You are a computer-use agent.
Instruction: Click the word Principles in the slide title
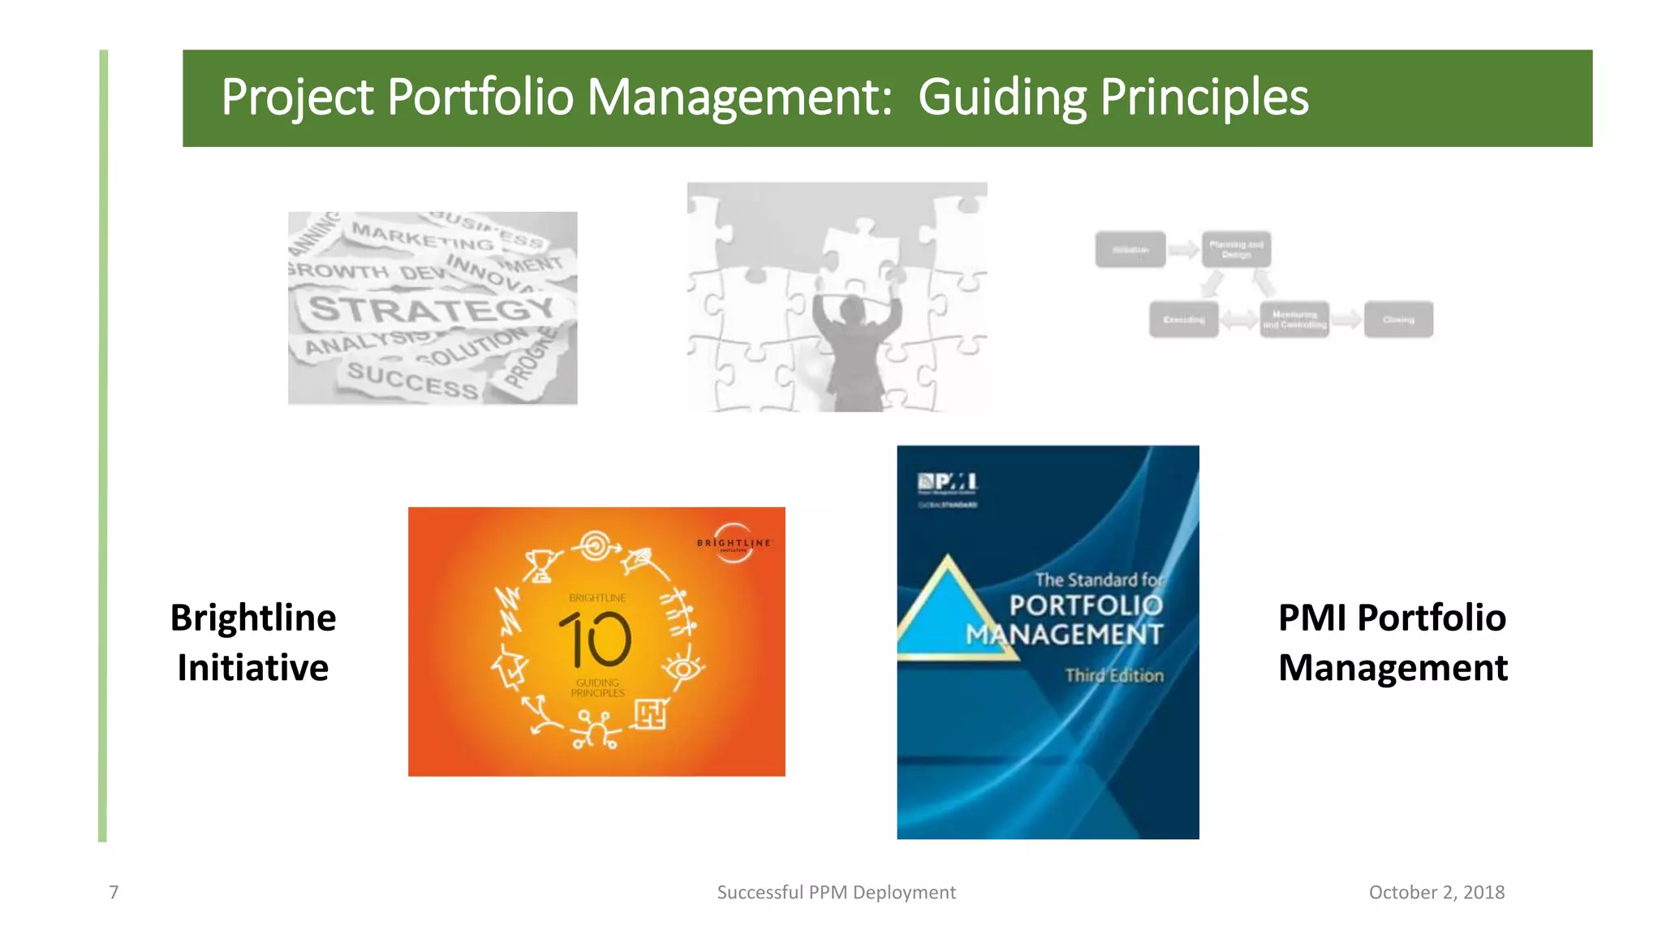[x=1204, y=98]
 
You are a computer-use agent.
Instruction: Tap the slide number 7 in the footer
[x=114, y=893]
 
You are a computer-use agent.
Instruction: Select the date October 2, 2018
[x=1436, y=893]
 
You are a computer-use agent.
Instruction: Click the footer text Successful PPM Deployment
[x=836, y=893]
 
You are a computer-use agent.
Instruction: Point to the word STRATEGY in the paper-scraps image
[x=432, y=309]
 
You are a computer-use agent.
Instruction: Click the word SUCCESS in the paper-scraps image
[x=412, y=380]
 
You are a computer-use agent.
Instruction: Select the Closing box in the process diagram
[x=1398, y=320]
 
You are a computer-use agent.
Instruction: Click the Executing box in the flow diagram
[x=1183, y=320]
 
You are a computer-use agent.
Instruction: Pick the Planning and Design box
[x=1236, y=249]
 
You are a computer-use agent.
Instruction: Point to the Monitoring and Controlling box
[x=1294, y=320]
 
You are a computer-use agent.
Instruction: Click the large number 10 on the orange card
[x=596, y=640]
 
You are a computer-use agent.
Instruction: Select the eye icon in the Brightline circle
[x=682, y=669]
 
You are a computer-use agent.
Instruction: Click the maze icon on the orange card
[x=650, y=714]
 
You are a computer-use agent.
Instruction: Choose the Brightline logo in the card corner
[x=734, y=542]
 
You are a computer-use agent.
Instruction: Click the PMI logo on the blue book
[x=947, y=484]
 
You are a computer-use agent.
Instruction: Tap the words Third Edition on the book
[x=1114, y=675]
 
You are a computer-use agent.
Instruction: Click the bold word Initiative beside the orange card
[x=253, y=668]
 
